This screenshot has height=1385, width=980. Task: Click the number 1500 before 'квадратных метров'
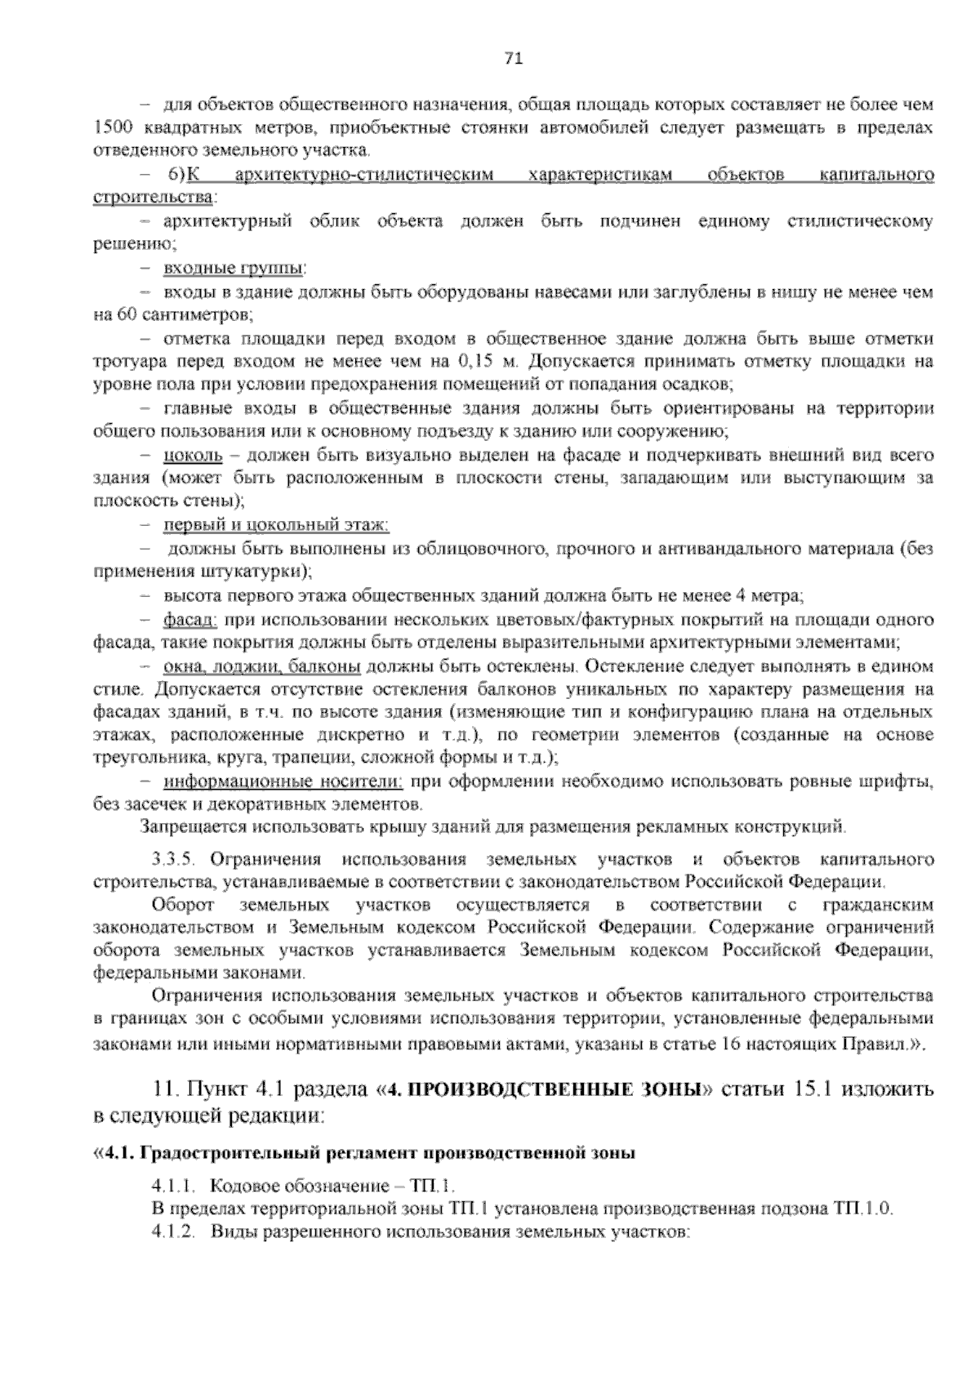coord(109,127)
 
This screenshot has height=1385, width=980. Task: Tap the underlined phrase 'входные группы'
coord(234,267)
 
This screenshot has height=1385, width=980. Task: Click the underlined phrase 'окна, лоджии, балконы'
coord(262,666)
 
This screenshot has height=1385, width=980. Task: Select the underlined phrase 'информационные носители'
coord(283,782)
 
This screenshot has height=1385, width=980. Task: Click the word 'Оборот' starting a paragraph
coord(183,905)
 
